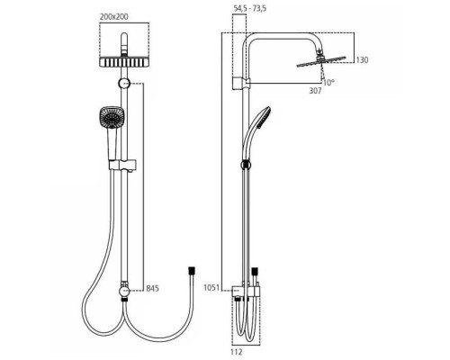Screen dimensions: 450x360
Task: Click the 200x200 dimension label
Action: [x=114, y=17]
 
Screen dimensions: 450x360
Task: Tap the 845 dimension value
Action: [x=152, y=289]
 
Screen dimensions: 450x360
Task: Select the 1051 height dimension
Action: [x=211, y=288]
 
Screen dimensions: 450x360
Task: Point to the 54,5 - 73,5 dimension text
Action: [x=250, y=8]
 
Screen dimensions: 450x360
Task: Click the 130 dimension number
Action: [x=362, y=60]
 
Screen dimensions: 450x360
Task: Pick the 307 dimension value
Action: [x=315, y=91]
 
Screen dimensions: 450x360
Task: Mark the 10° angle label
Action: [x=328, y=83]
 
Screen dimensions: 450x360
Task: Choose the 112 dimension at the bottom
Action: [x=237, y=352]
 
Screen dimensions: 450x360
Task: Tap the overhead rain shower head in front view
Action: [x=124, y=61]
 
